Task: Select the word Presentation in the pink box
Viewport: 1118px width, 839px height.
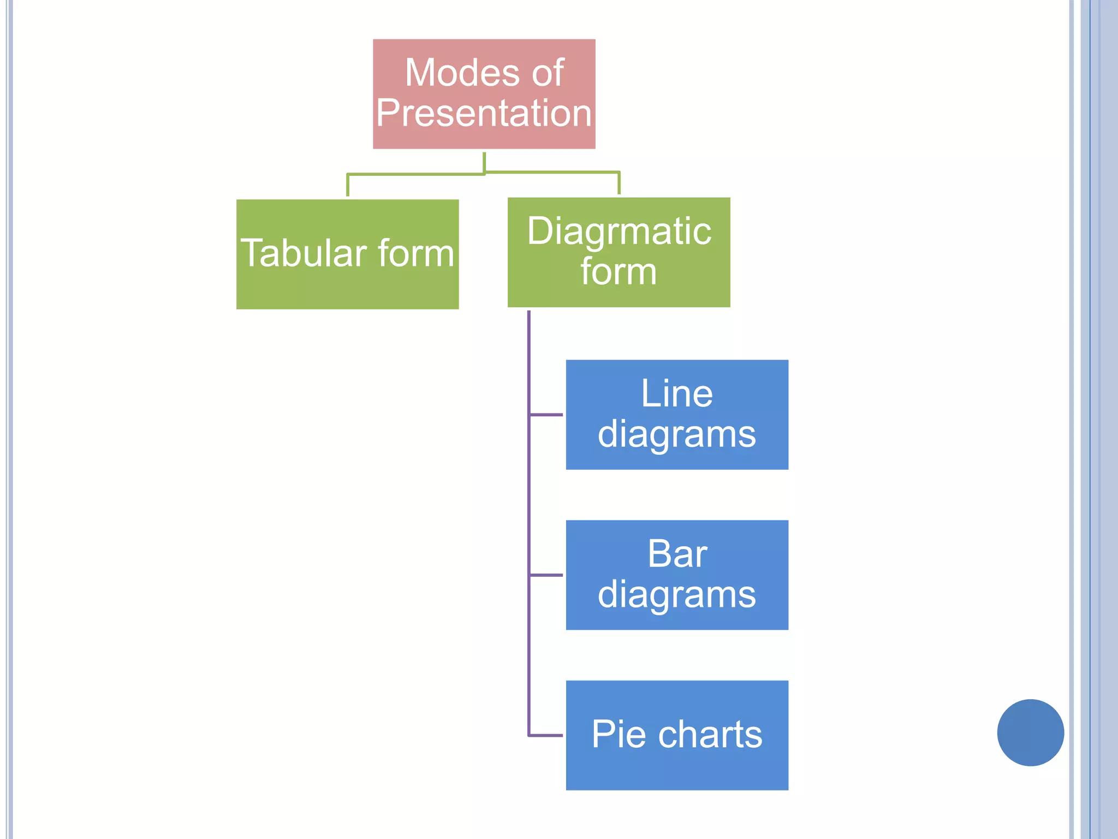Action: point(484,113)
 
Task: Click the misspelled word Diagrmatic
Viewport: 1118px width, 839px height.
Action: point(619,231)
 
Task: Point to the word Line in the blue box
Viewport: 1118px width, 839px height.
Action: point(676,393)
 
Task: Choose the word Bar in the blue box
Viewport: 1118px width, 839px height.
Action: point(677,554)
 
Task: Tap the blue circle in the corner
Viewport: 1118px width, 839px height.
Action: point(1030,732)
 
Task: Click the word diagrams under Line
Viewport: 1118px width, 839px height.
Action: point(676,434)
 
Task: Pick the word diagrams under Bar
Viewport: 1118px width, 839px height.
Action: point(676,594)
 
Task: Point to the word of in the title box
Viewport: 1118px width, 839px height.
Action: point(548,73)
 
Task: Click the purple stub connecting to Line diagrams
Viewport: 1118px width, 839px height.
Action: point(546,415)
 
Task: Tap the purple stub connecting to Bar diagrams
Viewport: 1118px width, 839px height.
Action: point(546,575)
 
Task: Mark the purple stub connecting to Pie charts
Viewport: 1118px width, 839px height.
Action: point(546,735)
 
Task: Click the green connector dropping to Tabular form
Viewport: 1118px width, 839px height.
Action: point(348,185)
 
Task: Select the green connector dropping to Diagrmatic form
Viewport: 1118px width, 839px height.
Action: point(619,183)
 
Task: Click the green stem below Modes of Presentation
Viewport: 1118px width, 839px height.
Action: point(484,162)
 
